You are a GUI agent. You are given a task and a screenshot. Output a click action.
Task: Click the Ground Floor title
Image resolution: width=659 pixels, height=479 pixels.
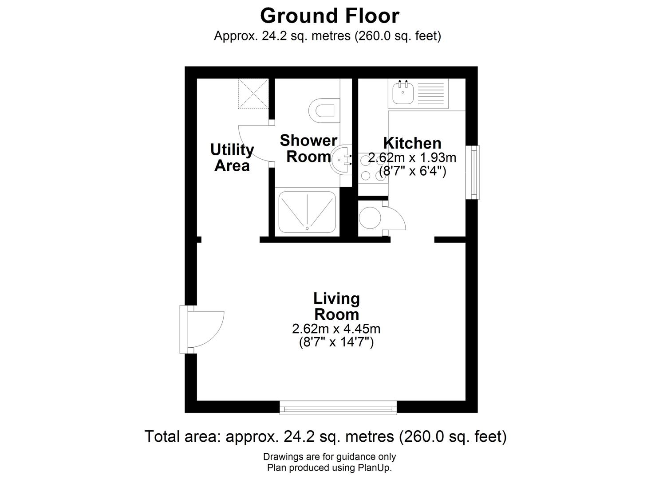pyautogui.click(x=329, y=16)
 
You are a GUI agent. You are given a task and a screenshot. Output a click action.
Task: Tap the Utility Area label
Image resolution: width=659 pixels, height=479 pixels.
pyautogui.click(x=232, y=157)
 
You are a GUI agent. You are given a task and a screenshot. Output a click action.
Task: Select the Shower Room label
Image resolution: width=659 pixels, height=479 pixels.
pyautogui.click(x=308, y=149)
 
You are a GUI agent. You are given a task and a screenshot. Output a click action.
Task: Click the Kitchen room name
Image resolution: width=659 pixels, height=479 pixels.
pyautogui.click(x=412, y=143)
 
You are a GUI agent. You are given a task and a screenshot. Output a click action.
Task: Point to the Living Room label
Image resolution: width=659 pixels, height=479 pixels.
pyautogui.click(x=336, y=306)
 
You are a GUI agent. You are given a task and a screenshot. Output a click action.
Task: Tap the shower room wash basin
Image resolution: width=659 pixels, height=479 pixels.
pyautogui.click(x=341, y=159)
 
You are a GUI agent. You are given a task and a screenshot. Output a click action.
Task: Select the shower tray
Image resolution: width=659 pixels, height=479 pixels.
pyautogui.click(x=306, y=212)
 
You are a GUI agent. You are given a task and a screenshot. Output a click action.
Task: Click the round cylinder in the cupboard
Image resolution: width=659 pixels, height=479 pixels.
pyautogui.click(x=369, y=218)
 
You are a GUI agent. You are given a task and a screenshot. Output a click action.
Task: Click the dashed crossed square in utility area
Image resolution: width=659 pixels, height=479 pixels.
pyautogui.click(x=253, y=93)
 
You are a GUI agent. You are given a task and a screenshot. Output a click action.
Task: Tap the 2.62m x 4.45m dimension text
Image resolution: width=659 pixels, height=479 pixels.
pyautogui.click(x=336, y=329)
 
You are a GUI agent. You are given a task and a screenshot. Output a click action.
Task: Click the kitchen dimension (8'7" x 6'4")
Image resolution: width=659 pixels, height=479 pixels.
pyautogui.click(x=412, y=171)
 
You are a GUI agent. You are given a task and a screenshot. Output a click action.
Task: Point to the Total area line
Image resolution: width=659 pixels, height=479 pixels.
pyautogui.click(x=325, y=436)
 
